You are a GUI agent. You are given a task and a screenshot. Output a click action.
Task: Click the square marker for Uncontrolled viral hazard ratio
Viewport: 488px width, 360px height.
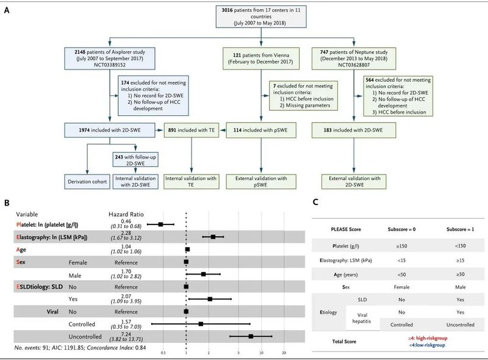251,336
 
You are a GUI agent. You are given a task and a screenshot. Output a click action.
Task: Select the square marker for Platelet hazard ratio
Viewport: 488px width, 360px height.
160,224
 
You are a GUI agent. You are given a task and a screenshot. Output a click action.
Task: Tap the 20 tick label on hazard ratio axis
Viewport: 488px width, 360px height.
284,352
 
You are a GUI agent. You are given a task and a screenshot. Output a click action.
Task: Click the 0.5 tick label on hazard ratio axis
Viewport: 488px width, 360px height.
163,352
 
